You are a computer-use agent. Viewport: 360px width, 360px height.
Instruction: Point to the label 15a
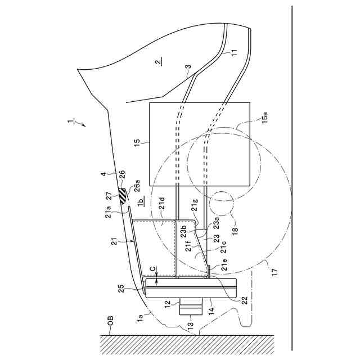265,119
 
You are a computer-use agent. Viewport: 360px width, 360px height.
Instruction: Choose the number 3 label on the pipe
187,68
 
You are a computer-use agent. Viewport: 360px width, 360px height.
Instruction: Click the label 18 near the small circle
236,231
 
